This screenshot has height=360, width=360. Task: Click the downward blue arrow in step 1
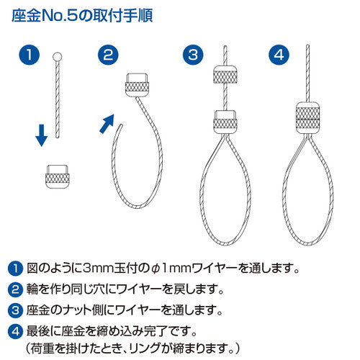coord(41,132)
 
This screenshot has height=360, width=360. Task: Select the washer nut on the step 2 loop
coord(137,84)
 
